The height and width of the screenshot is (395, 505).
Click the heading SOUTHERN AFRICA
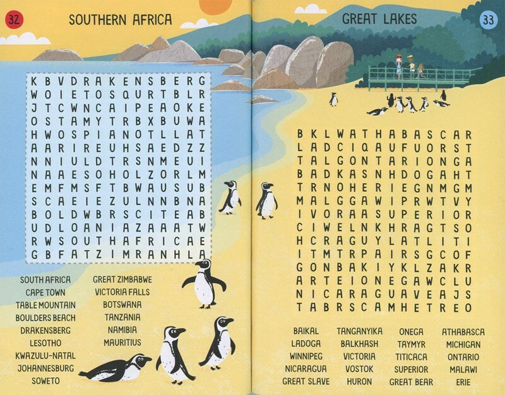[x=120, y=20]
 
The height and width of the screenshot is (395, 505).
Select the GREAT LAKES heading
[x=379, y=19]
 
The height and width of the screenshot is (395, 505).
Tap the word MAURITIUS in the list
[x=122, y=343]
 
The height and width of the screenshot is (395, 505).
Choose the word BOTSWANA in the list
[x=122, y=304]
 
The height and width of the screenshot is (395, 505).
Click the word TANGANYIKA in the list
[x=359, y=331]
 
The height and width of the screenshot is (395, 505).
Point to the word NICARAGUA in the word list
[x=306, y=368]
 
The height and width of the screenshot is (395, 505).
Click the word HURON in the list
[x=359, y=381]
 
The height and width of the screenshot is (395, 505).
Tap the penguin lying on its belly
[x=116, y=368]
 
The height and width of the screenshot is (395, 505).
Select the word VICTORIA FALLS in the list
[x=122, y=292]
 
